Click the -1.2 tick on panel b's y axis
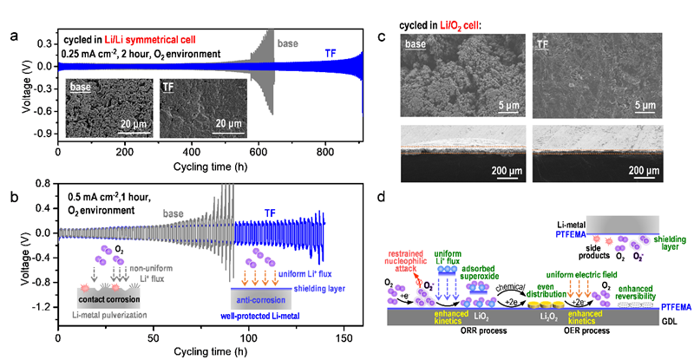click(38, 307)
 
